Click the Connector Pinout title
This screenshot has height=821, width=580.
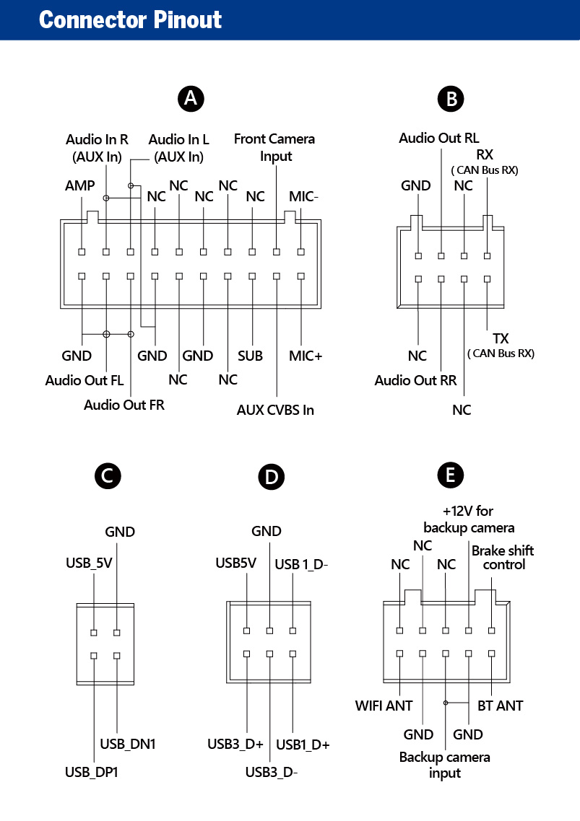[x=130, y=20]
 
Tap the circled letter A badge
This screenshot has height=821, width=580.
[x=191, y=98]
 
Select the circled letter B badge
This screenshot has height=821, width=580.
[x=451, y=99]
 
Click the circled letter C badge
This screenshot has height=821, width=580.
[x=108, y=476]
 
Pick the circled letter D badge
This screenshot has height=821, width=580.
[x=271, y=477]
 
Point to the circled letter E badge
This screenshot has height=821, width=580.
[x=451, y=475]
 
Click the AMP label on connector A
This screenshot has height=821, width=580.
[x=79, y=186]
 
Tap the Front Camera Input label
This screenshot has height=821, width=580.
[x=274, y=148]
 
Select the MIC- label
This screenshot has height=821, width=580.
[x=303, y=196]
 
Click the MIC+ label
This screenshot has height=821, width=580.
[x=306, y=356]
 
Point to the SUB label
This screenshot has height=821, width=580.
[x=250, y=356]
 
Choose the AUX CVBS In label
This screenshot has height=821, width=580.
[x=275, y=410]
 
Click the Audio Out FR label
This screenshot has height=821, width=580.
[x=124, y=405]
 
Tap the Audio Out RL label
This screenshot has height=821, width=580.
[x=439, y=139]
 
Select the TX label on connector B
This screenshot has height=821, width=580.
[x=501, y=338]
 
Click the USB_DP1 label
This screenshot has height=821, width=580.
[x=91, y=773]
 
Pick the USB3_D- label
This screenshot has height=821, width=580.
[x=272, y=773]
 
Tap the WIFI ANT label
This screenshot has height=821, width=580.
[x=384, y=706]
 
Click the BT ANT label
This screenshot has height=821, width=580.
[x=501, y=706]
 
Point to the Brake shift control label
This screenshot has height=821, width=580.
[x=503, y=558]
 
